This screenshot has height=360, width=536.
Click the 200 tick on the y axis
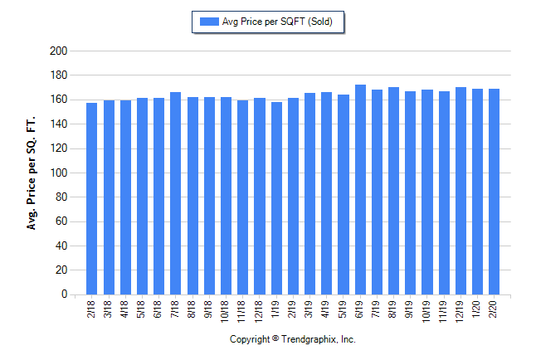[58, 51]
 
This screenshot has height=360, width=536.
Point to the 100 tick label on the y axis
[58, 173]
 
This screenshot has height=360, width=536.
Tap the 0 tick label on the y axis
[63, 294]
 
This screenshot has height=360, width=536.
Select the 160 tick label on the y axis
[58, 100]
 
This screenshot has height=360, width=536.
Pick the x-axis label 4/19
[326, 308]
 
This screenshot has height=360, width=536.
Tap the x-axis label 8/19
[393, 308]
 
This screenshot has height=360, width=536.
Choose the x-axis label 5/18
[142, 308]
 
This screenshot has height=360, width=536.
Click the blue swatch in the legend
[207, 22]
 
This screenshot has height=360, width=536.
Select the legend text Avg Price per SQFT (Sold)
[278, 22]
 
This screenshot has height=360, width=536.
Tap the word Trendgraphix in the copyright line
[307, 340]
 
